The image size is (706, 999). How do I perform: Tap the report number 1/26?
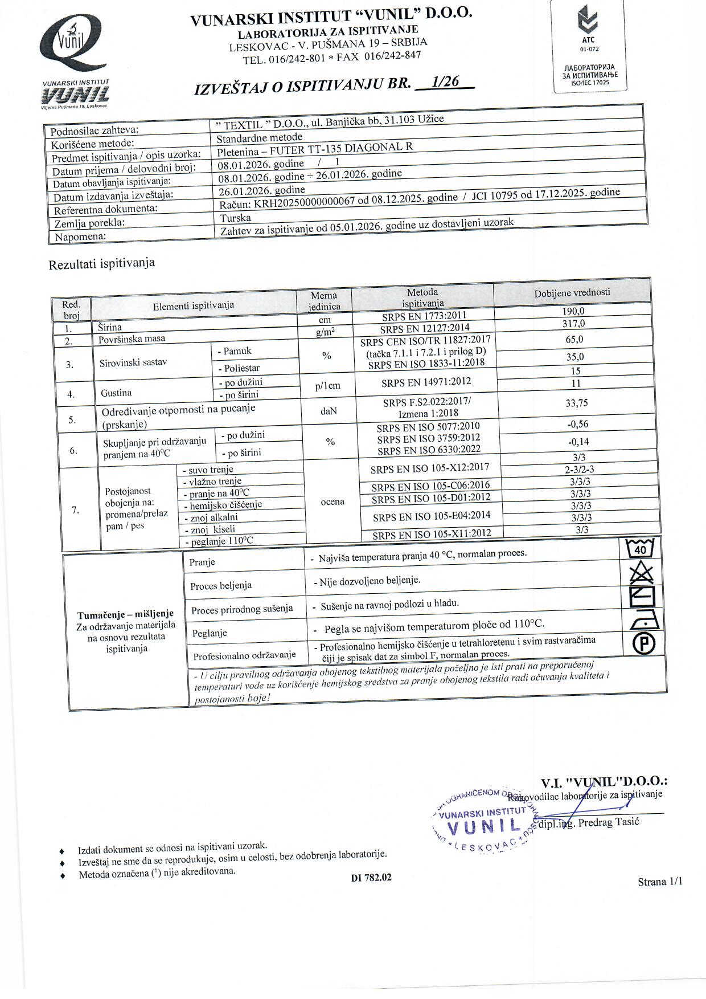(x=445, y=82)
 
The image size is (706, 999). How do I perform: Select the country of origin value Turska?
(x=236, y=218)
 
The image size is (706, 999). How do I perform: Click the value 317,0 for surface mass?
(x=573, y=324)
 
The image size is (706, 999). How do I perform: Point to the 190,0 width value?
(x=573, y=311)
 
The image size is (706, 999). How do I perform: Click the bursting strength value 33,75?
(x=576, y=403)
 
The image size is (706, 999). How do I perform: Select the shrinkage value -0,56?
(x=577, y=424)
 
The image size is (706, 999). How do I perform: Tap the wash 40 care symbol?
(x=640, y=548)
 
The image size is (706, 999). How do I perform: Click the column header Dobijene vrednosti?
(x=572, y=292)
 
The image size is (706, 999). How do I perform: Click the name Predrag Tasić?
(x=609, y=822)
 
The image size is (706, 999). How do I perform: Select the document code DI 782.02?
(x=371, y=878)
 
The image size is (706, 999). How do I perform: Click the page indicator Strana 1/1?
(x=660, y=882)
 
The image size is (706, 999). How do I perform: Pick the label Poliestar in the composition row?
(x=241, y=368)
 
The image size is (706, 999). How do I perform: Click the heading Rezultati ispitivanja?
(x=102, y=264)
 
